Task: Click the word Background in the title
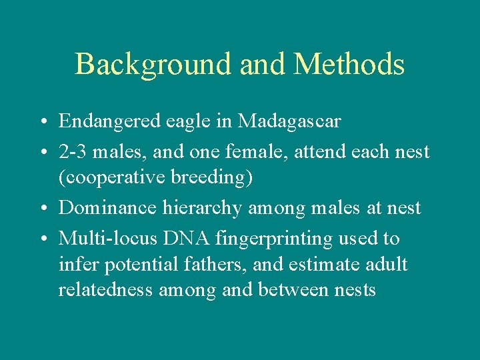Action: pyautogui.click(x=153, y=65)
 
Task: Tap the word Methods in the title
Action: pyautogui.click(x=349, y=65)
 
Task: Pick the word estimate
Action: pyautogui.click(x=326, y=264)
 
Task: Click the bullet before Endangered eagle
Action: pyautogui.click(x=41, y=123)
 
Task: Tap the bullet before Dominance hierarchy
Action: pyautogui.click(x=41, y=209)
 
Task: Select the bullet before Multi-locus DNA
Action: pyautogui.click(x=41, y=239)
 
